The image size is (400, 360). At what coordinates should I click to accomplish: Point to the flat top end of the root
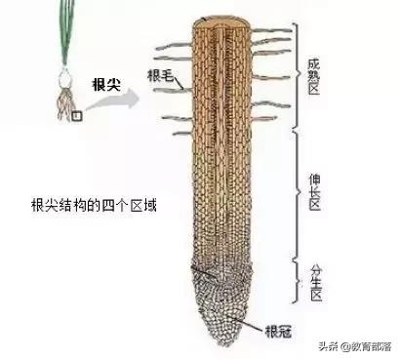point(228,20)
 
